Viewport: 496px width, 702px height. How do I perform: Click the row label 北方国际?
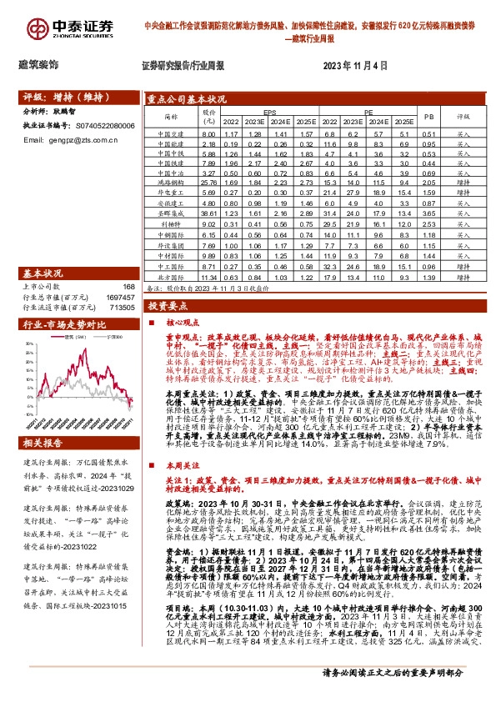tap(170, 277)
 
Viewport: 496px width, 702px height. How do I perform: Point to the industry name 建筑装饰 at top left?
tap(38, 64)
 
